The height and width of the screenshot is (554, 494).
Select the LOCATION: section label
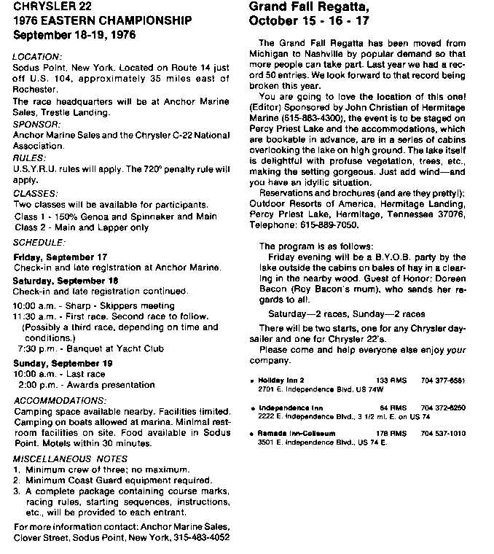38,55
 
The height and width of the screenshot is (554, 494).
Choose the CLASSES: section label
36,193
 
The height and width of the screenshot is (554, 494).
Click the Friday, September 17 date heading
60,257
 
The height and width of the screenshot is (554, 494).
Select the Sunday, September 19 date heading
63,362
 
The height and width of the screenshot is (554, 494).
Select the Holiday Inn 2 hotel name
282,381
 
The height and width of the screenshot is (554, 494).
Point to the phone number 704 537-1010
443,433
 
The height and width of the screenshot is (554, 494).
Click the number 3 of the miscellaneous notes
17,491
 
